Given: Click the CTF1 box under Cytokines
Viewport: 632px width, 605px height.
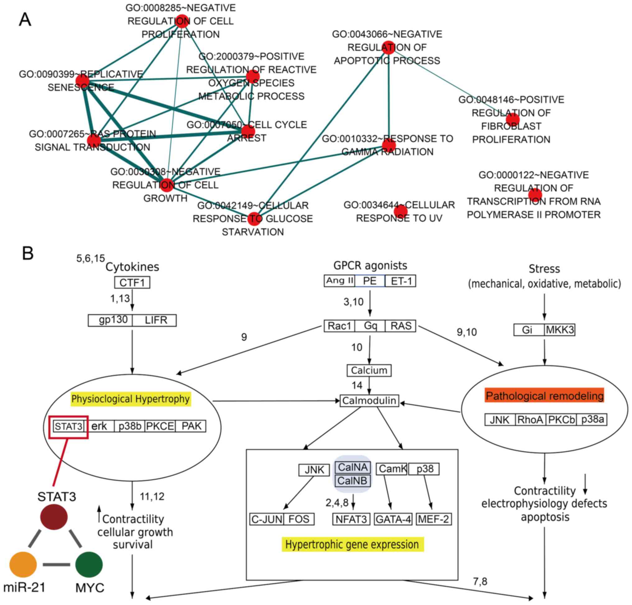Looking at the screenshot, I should tap(132, 282).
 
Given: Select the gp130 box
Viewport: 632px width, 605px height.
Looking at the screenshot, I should tap(110, 320).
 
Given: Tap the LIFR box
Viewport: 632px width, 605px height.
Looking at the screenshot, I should tap(155, 320).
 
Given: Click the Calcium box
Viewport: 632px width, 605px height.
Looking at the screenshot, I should tap(369, 370).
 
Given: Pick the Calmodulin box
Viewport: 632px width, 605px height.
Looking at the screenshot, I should tap(369, 400).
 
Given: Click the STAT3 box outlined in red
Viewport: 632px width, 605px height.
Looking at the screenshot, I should tap(69, 426).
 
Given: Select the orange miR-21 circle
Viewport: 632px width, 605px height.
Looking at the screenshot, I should tap(23, 564).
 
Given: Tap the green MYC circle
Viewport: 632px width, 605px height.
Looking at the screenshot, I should tap(89, 564).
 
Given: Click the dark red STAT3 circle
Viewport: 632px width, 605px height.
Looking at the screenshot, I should tap(54, 517).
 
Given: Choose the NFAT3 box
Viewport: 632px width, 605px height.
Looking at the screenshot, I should tap(351, 519).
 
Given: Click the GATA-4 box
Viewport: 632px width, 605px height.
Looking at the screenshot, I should tap(393, 519).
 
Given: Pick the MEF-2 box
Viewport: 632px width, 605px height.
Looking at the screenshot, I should tap(434, 519).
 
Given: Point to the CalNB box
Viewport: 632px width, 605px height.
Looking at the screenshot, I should tap(353, 481).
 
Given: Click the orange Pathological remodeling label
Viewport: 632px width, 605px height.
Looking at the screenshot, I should tap(544, 396).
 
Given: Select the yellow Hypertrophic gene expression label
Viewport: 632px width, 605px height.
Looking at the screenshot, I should tap(352, 544).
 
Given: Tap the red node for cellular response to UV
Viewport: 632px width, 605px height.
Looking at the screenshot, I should tap(401, 211).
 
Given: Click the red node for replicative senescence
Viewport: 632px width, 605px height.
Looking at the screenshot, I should tap(82, 81).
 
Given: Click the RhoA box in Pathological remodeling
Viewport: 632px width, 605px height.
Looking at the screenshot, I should tap(530, 419).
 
